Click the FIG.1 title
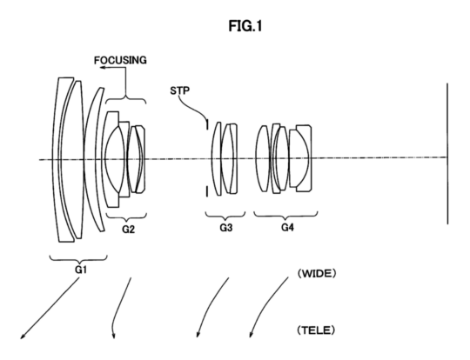245,26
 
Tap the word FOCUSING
120,61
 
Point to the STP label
179,90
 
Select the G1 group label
80,270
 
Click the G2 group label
128,230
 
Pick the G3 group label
226,228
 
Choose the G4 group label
287,228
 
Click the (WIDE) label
317,273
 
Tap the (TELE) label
316,330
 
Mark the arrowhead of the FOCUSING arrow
102,68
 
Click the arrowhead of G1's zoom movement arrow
22,337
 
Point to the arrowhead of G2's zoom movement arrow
113,336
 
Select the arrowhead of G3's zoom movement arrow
198,335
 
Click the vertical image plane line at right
447,153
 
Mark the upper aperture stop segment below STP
206,124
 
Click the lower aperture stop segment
206,191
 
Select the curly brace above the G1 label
78,259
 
